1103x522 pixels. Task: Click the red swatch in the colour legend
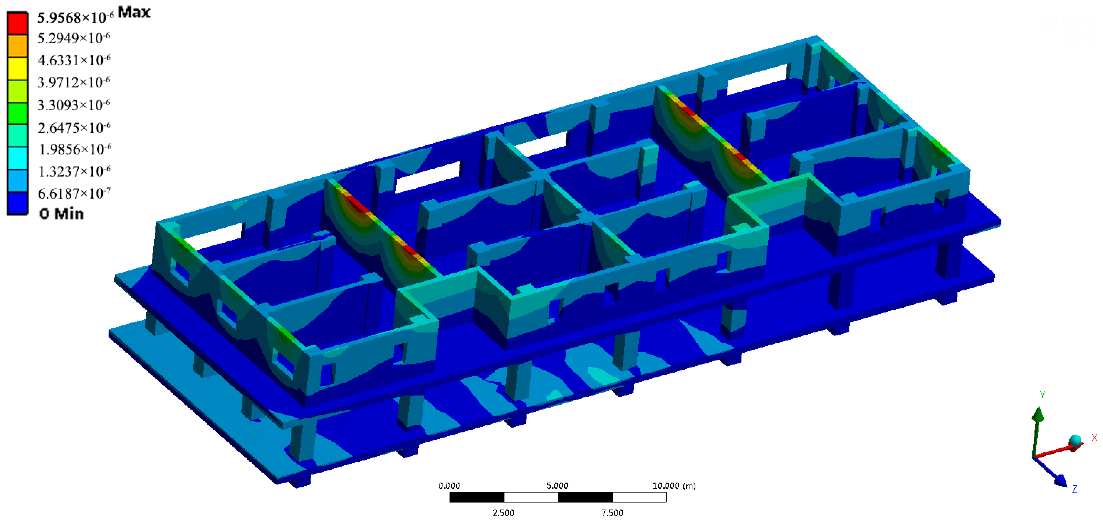pos(17,23)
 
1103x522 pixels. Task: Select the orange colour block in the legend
pos(17,45)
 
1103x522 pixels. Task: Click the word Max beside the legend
pos(134,12)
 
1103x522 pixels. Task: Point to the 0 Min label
pos(61,213)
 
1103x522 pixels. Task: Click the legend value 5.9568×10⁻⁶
pos(75,17)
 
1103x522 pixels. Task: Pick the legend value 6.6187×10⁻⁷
pos(74,193)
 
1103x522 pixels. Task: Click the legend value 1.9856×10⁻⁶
pos(75,149)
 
